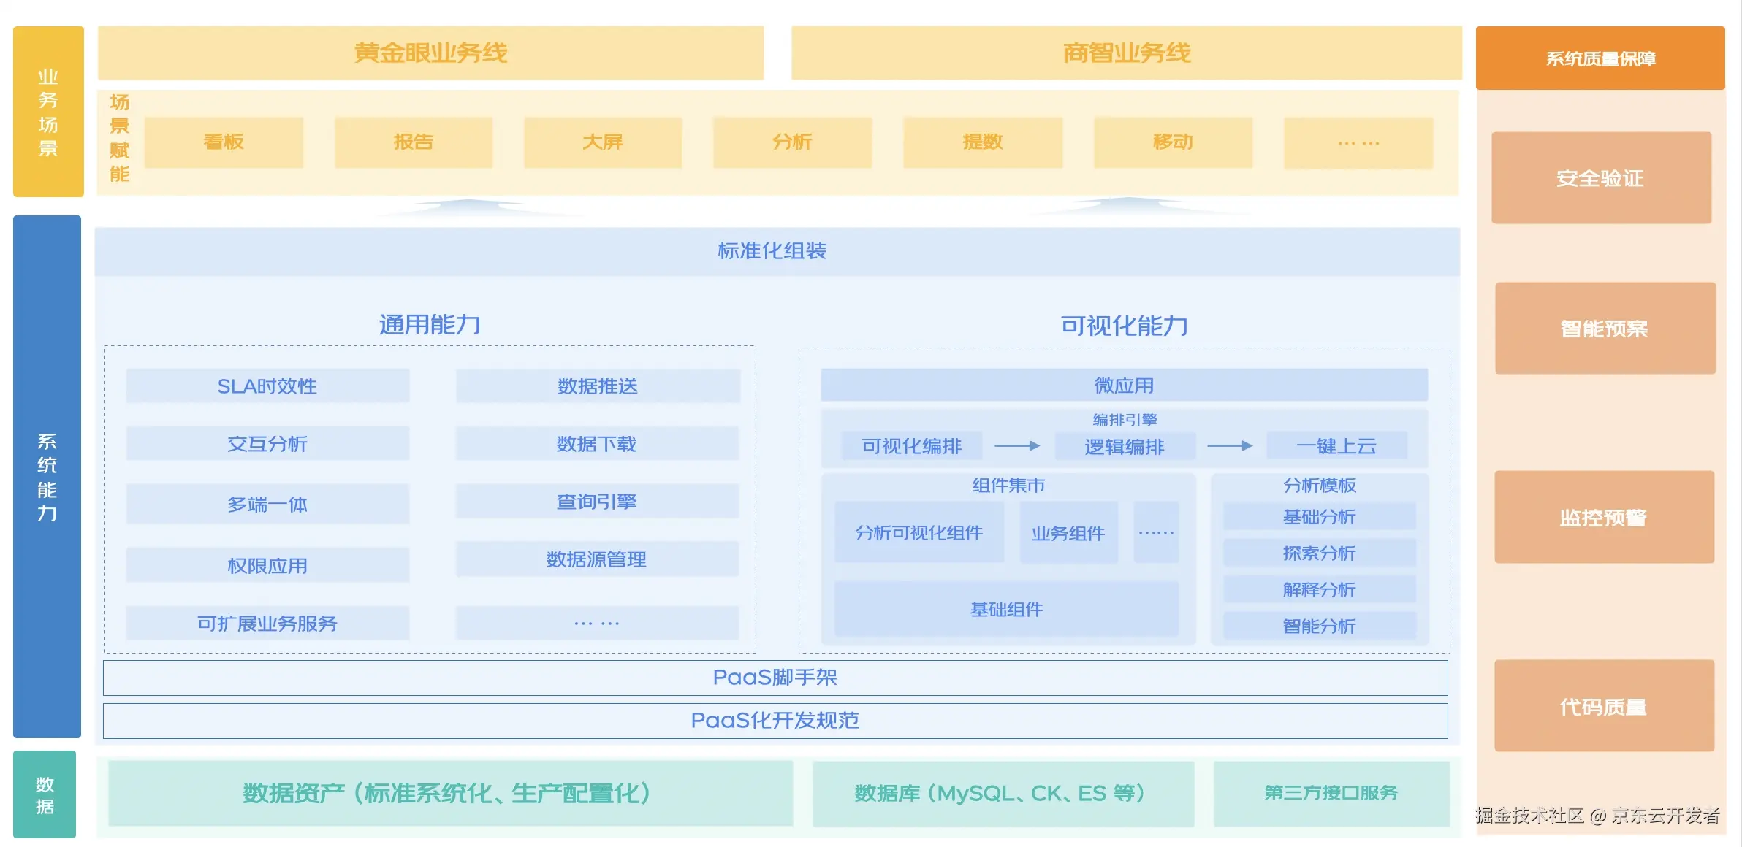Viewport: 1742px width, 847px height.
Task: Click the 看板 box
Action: (224, 142)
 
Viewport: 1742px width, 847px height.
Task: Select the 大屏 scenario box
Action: (603, 142)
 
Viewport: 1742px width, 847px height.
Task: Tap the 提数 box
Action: (983, 142)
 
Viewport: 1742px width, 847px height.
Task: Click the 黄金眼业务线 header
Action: (430, 53)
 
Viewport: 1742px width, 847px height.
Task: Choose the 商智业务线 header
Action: (1126, 53)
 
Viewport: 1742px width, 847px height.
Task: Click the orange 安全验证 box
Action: (1601, 178)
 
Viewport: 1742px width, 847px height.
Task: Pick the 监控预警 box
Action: (1604, 517)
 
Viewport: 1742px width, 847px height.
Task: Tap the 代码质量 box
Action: (1604, 706)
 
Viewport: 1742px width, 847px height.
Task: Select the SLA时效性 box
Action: (267, 386)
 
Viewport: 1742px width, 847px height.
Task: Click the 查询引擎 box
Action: (597, 502)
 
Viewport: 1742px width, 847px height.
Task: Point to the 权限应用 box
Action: (267, 565)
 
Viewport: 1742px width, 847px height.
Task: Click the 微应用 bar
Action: (1124, 386)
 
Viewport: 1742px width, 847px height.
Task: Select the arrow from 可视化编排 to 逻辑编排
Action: (1017, 445)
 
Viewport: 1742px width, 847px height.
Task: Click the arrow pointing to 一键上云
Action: (1230, 445)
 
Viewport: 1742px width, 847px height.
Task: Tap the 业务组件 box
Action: (1068, 533)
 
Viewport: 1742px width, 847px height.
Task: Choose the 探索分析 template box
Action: (1320, 553)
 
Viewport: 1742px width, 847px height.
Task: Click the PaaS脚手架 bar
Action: (775, 678)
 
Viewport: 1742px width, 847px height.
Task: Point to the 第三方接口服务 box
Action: (1331, 793)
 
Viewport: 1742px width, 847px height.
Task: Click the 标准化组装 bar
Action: (772, 251)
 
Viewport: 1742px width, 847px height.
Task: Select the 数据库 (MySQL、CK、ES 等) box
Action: (1003, 793)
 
